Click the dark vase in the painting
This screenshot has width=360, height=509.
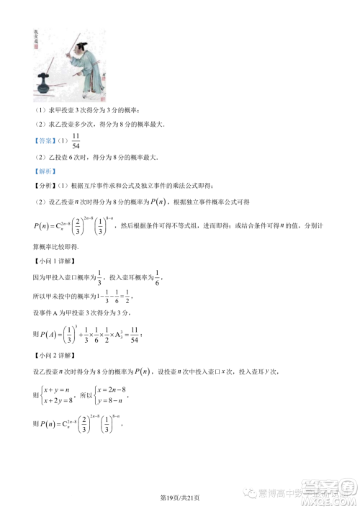pos(45,88)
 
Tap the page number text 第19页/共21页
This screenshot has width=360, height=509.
pos(179,497)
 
